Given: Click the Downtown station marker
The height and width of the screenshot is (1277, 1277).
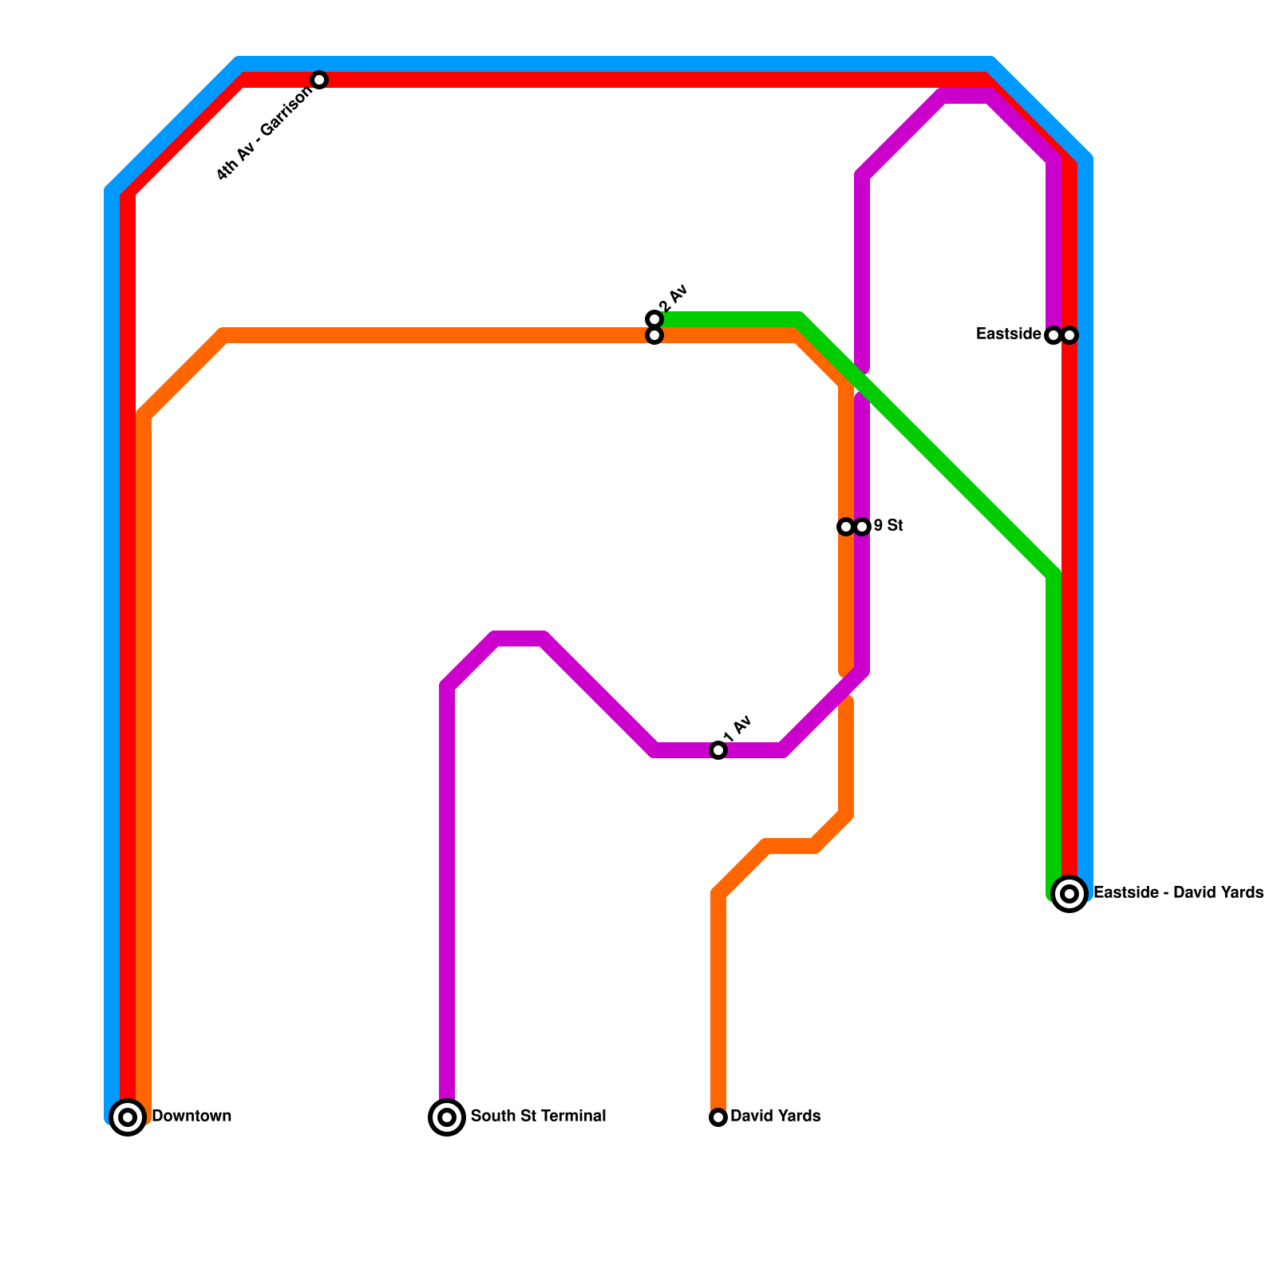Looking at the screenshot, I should (128, 1117).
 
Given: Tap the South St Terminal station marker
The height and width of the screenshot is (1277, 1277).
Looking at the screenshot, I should (447, 1117).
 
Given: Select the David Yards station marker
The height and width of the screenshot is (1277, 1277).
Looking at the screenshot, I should (718, 1117).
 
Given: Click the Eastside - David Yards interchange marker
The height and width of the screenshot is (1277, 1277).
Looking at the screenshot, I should (1069, 893).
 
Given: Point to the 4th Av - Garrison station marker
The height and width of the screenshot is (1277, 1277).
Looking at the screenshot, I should (319, 80).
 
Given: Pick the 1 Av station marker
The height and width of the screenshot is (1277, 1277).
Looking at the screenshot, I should (718, 750).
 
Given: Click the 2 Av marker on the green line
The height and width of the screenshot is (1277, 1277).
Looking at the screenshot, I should (654, 319).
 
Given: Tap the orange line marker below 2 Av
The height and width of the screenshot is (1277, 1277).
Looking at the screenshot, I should (654, 336).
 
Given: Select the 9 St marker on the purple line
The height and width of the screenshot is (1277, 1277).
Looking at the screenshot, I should (862, 527).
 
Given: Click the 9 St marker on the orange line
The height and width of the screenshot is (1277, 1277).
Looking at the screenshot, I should (845, 527).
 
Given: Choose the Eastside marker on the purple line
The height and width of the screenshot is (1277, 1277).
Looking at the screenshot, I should (1053, 335).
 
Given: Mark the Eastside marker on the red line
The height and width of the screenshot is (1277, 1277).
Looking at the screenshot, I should (1070, 335).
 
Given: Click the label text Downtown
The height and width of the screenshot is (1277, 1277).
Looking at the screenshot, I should (192, 1116).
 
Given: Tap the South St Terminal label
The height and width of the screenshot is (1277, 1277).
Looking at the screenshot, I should (538, 1116).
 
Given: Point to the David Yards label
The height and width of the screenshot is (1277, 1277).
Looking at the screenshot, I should (775, 1116).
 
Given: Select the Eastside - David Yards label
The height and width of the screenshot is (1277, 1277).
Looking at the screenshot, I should (1178, 892).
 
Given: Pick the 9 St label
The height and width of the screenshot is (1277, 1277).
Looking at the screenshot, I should (888, 525).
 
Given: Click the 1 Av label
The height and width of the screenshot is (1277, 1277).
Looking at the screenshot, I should (738, 727).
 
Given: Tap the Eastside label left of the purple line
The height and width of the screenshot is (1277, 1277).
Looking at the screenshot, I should (1008, 334).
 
